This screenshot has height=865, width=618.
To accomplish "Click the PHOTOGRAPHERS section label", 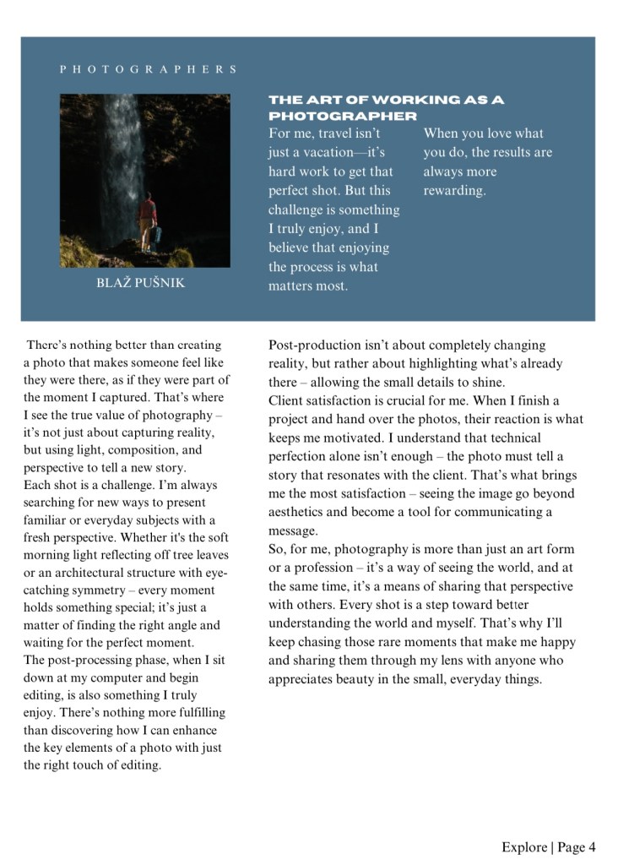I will point(148,69).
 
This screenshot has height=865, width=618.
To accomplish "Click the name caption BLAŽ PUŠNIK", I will point(141,283).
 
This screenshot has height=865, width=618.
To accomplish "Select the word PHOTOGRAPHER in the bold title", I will point(342,116).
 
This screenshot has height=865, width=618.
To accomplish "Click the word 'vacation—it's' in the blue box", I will point(347,152).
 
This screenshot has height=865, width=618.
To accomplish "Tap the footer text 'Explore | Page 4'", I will point(548,846).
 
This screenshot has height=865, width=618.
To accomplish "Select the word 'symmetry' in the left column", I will point(106,590).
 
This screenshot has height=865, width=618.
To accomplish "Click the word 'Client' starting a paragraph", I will point(286,400).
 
